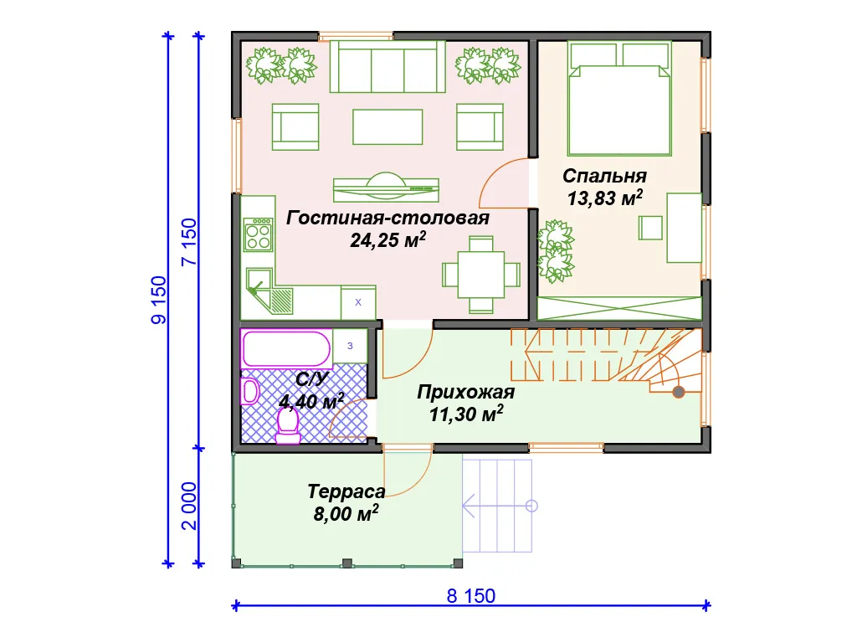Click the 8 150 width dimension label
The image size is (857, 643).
pyautogui.click(x=470, y=595)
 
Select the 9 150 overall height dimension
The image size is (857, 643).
pyautogui.click(x=158, y=301)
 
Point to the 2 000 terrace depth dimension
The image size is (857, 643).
pyautogui.click(x=188, y=506)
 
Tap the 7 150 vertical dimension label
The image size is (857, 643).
pyautogui.click(x=188, y=242)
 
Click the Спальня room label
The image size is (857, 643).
pyautogui.click(x=604, y=176)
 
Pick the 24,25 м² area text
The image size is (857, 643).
pyautogui.click(x=388, y=240)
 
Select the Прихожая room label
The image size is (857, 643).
pyautogui.click(x=465, y=392)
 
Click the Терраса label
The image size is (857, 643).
pyautogui.click(x=346, y=491)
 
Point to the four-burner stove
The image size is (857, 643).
pyautogui.click(x=259, y=234)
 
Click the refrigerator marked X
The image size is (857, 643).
pyautogui.click(x=358, y=302)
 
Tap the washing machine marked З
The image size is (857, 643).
pyautogui.click(x=350, y=346)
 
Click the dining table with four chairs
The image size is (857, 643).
pyautogui.click(x=481, y=275)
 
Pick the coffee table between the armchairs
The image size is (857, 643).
pyautogui.click(x=387, y=127)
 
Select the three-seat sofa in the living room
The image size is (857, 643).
pyautogui.click(x=387, y=67)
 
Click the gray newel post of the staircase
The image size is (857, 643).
pyautogui.click(x=678, y=392)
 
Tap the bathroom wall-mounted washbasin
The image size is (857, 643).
pyautogui.click(x=249, y=391)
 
